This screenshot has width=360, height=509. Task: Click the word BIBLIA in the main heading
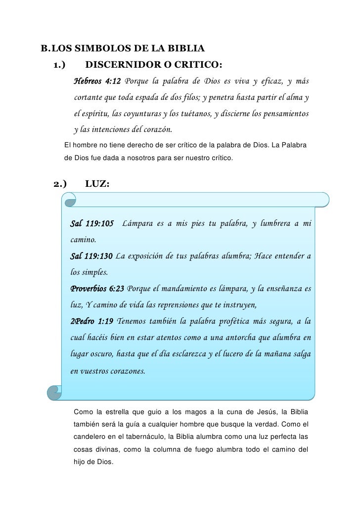[x=185, y=49]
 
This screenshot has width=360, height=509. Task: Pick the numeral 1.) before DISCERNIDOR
[x=59, y=65]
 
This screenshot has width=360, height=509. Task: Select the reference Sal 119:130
[x=91, y=256]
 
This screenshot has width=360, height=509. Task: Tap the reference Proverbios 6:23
[x=97, y=289]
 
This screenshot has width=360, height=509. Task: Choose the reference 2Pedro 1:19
[x=92, y=321]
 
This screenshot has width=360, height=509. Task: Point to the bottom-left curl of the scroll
[x=54, y=392]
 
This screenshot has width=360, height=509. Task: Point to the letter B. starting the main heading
[x=45, y=49]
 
